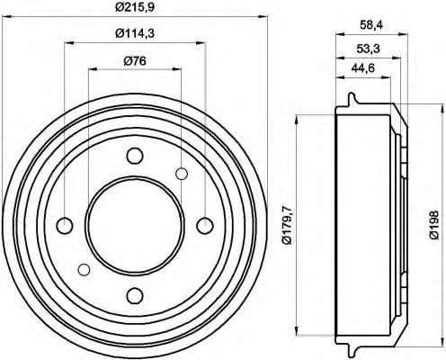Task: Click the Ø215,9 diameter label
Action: click(x=135, y=6)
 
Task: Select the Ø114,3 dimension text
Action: click(x=135, y=33)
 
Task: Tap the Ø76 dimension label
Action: click(x=135, y=61)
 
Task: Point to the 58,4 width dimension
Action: click(x=371, y=25)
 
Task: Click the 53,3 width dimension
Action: click(x=368, y=49)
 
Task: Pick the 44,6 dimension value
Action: click(x=363, y=68)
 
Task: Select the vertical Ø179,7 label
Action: click(x=287, y=225)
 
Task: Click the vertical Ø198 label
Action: click(x=433, y=225)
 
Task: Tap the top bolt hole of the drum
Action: click(x=135, y=156)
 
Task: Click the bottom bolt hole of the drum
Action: click(x=135, y=295)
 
